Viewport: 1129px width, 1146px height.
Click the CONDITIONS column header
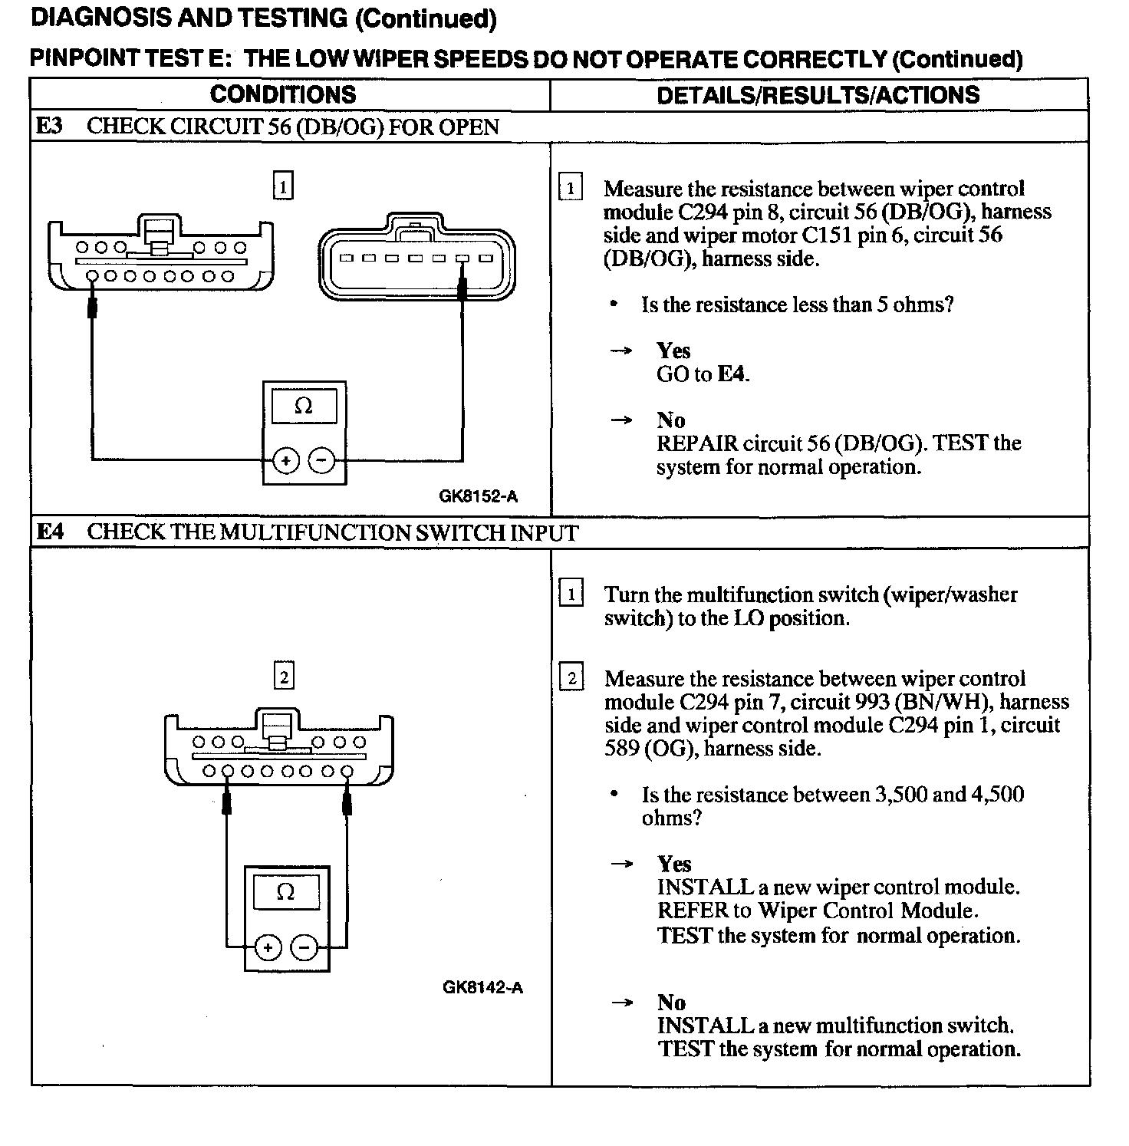coord(282,95)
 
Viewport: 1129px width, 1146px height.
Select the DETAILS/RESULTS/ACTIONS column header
coord(818,95)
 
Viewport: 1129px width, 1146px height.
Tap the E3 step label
coord(50,127)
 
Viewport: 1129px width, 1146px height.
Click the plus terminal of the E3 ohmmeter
coord(285,460)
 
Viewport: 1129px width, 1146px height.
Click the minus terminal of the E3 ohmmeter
coord(321,460)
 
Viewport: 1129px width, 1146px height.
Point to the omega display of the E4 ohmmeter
coord(285,892)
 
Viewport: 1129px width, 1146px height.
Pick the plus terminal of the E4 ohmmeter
coord(268,948)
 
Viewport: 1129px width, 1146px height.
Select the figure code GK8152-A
coord(478,496)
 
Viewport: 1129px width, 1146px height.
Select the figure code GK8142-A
coord(482,987)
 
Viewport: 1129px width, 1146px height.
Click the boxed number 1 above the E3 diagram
coord(283,186)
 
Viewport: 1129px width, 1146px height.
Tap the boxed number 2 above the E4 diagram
coord(284,677)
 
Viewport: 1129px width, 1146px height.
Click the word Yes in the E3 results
coord(673,351)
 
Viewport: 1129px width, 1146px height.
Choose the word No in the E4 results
coord(671,1002)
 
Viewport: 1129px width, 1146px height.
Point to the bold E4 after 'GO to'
coord(732,374)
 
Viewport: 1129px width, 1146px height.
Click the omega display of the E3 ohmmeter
coord(304,407)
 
